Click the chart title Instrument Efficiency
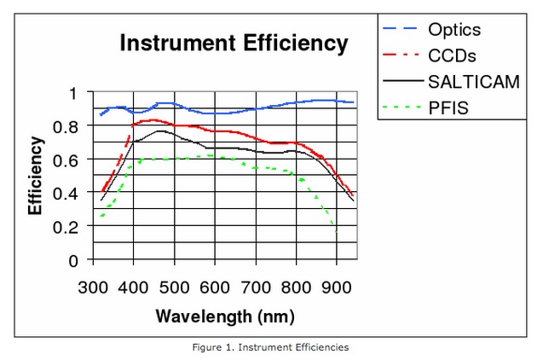[x=234, y=44]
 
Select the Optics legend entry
[x=454, y=30]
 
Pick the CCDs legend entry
[x=452, y=56]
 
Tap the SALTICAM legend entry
[x=474, y=83]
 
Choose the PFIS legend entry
[x=448, y=109]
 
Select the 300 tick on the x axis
[x=94, y=286]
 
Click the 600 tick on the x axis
[x=216, y=286]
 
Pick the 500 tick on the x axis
[x=175, y=286]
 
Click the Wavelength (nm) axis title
[x=225, y=316]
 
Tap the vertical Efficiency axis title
[x=36, y=176]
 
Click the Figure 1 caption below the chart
[x=272, y=347]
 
